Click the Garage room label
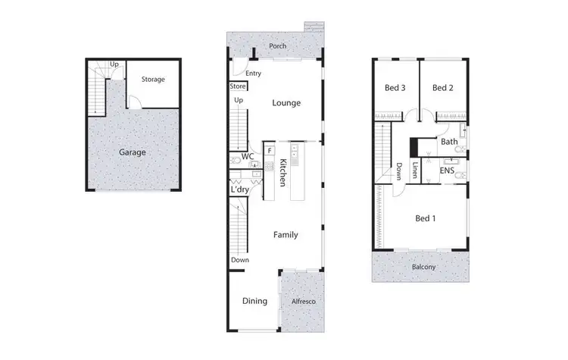click(132, 152)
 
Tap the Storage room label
click(153, 79)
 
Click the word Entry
click(253, 74)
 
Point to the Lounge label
click(286, 103)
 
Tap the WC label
click(247, 157)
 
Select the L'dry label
click(241, 189)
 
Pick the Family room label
click(285, 235)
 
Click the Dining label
click(254, 301)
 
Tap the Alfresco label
click(302, 302)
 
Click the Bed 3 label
click(395, 88)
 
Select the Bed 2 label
click(443, 88)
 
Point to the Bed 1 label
click(426, 219)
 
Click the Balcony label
click(420, 267)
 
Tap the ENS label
click(447, 172)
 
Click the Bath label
click(449, 142)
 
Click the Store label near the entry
click(238, 86)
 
